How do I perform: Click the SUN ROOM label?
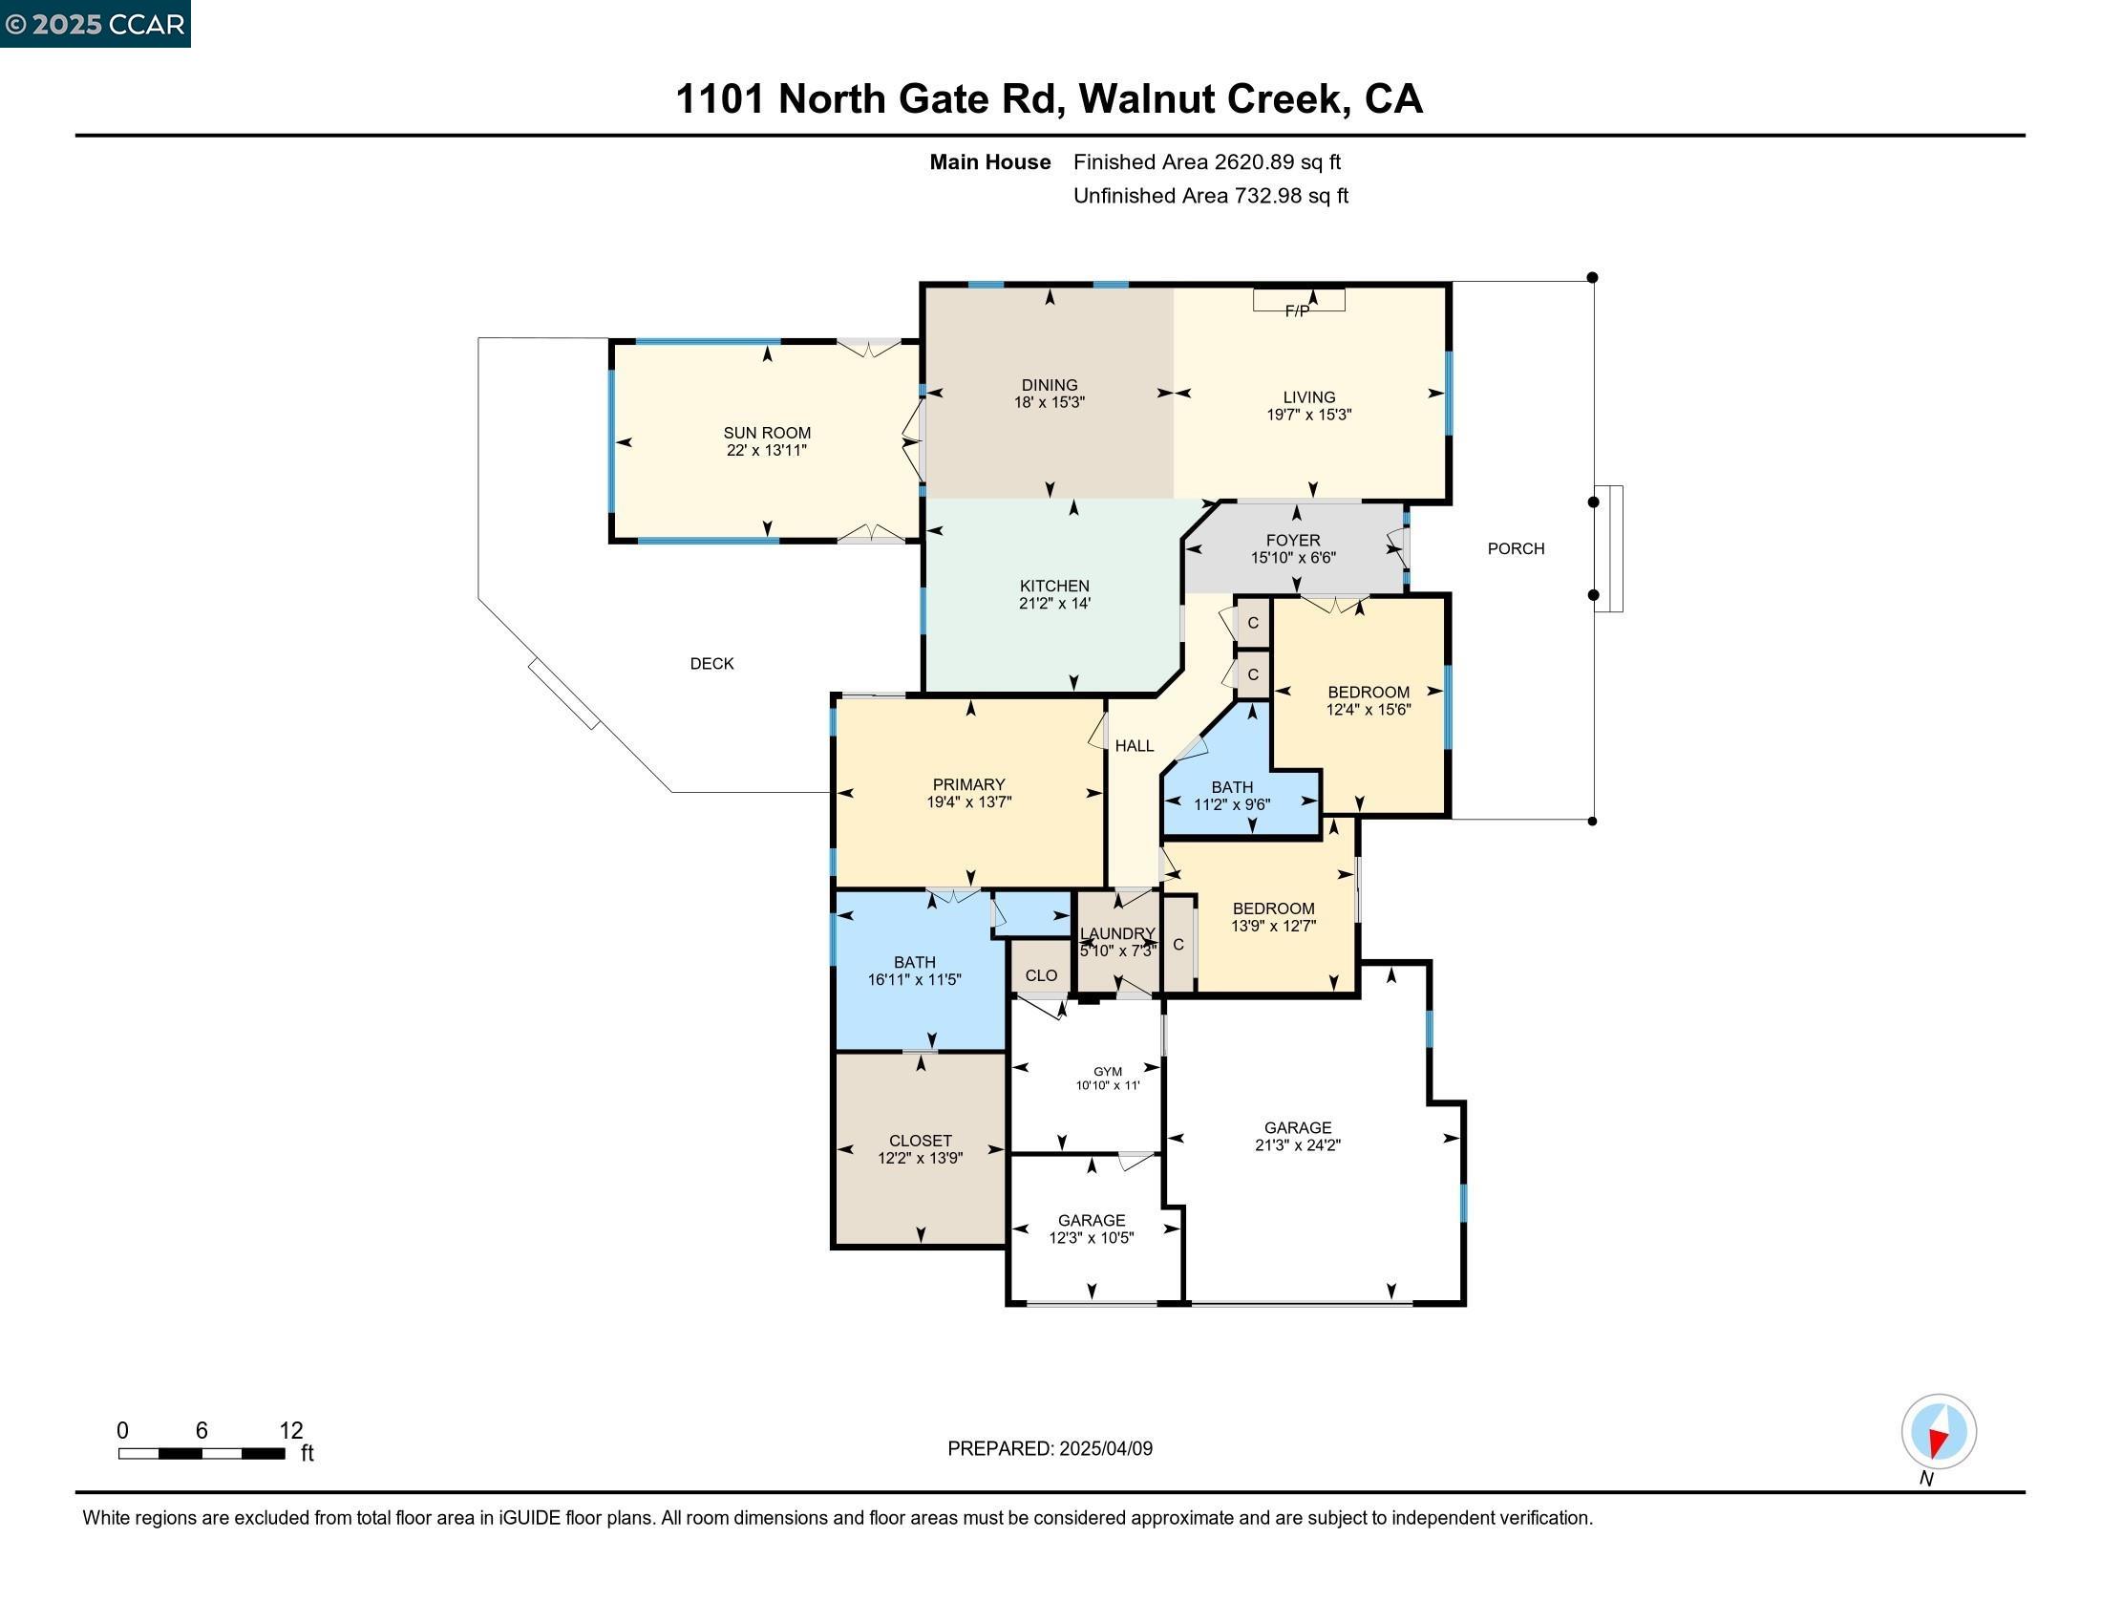coord(767,433)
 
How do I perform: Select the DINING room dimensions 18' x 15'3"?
coord(1050,402)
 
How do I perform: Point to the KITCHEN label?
coord(1054,586)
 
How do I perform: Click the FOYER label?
coord(1293,541)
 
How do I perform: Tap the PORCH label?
coord(1516,548)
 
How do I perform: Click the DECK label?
coord(711,664)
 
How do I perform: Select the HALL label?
coord(1135,746)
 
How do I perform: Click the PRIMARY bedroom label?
coord(968,785)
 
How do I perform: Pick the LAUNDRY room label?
coord(1117,933)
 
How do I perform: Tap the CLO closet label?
coord(1041,975)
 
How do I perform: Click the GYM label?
coord(1107,1071)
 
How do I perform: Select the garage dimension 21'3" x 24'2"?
coord(1298,1144)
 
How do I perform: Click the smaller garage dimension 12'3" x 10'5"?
coord(1091,1238)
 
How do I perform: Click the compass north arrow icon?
coord(1939,1432)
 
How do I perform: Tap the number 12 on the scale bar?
coord(290,1430)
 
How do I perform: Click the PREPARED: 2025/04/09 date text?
coord(1050,1448)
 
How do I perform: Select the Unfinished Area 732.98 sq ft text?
coord(1210,196)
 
